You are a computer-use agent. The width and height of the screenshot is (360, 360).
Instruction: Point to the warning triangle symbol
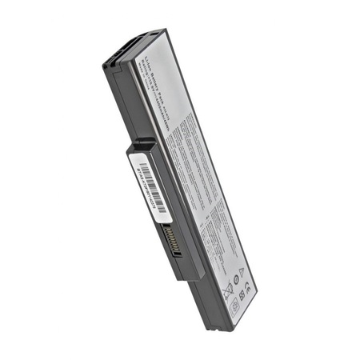pos(242,274)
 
